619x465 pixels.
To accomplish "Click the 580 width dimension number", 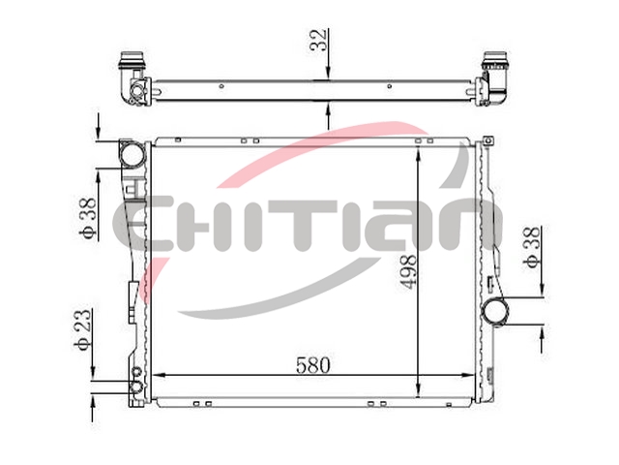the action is pyautogui.click(x=312, y=365).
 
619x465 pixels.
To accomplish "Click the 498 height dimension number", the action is pyautogui.click(x=408, y=271).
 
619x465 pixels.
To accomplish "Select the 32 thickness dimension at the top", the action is pyautogui.click(x=318, y=40).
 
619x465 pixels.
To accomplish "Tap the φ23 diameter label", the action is pyautogui.click(x=83, y=329).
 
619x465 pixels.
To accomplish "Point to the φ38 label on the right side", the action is pyautogui.click(x=533, y=247).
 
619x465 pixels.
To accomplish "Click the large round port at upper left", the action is pyautogui.click(x=133, y=155).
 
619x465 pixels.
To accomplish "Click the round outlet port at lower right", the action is pyautogui.click(x=495, y=311).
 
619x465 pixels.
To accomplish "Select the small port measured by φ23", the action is pyautogui.click(x=136, y=387).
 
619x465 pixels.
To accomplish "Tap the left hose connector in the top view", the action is pyautogui.click(x=133, y=79).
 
